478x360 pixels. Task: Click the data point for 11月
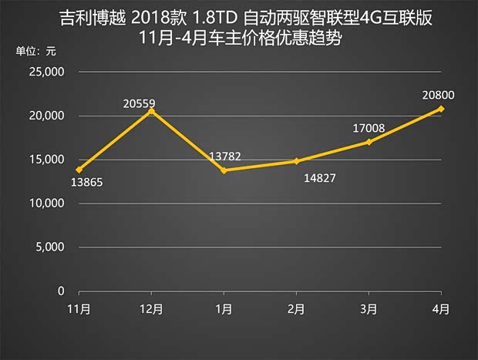pyautogui.click(x=79, y=170)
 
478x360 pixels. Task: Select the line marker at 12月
pyautogui.click(x=151, y=111)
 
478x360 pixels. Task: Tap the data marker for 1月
pyautogui.click(x=224, y=170)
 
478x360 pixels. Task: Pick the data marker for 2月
pyautogui.click(x=296, y=161)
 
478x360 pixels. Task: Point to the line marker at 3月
pyautogui.click(x=369, y=142)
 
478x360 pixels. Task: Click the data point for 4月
pyautogui.click(x=441, y=109)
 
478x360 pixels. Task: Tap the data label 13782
pyautogui.click(x=225, y=157)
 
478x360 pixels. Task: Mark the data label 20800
pyautogui.click(x=438, y=96)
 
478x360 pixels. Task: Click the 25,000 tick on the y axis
pyautogui.click(x=47, y=72)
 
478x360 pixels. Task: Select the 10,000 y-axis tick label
pyautogui.click(x=47, y=204)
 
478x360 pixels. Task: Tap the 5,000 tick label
pyautogui.click(x=50, y=247)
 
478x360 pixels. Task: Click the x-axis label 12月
pyautogui.click(x=151, y=309)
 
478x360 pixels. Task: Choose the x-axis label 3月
pyautogui.click(x=369, y=309)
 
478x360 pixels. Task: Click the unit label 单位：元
pyautogui.click(x=36, y=52)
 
